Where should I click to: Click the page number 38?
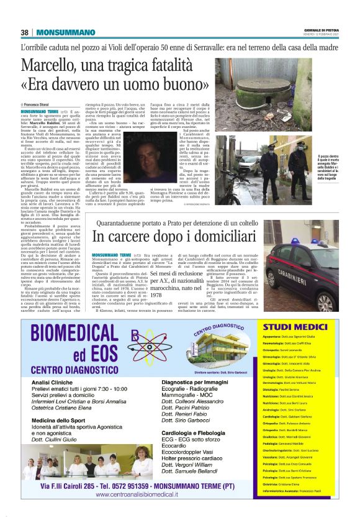tap(24, 32)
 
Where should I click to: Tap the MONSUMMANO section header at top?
tap(55, 32)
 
